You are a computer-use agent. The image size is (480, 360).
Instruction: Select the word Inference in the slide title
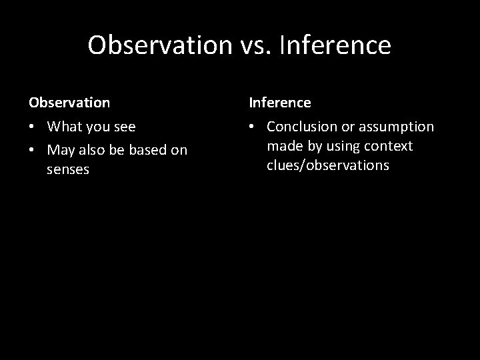337,45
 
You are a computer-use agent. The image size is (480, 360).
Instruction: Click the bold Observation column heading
69,103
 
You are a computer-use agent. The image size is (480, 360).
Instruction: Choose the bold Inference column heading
280,103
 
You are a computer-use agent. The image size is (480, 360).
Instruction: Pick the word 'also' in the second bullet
93,150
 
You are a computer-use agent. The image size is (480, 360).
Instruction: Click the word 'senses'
68,170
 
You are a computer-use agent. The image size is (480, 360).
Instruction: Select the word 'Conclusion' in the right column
300,127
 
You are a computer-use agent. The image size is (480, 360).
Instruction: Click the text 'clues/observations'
327,165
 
